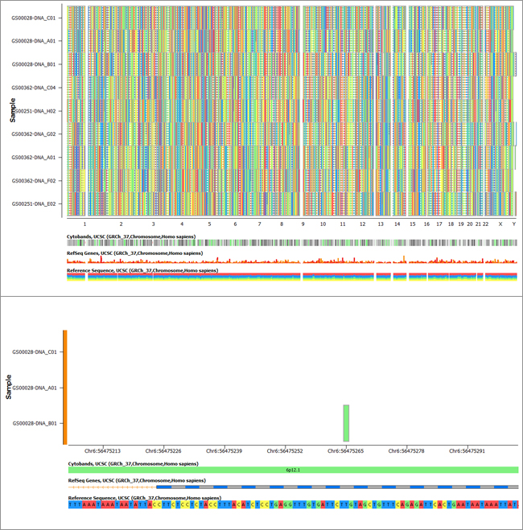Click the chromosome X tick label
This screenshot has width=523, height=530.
500,224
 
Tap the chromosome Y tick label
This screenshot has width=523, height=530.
513,224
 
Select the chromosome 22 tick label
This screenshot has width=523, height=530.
486,224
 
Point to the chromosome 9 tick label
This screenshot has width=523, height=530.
303,224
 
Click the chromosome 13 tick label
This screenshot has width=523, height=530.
381,224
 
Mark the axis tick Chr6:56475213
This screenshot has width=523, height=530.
102,451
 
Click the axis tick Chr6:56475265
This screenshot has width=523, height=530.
346,451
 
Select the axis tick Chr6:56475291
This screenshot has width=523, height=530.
467,451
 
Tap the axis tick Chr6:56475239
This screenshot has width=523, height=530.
224,451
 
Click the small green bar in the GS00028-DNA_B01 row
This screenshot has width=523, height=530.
346,423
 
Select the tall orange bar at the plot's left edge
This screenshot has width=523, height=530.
64,387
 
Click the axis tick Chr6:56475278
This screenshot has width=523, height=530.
406,451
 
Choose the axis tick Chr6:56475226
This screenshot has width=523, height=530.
163,451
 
